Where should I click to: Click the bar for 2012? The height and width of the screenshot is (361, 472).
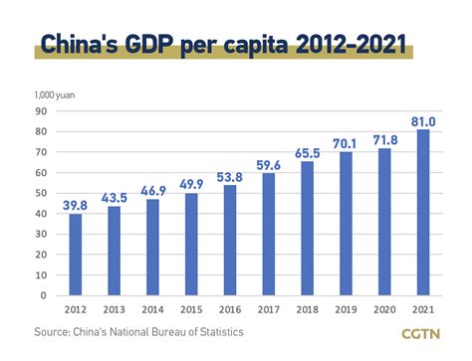coord(76,255)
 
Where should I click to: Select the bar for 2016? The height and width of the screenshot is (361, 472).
coord(230,240)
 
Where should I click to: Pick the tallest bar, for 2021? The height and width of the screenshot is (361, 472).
coord(423,212)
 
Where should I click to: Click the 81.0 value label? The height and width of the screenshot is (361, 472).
coord(423,120)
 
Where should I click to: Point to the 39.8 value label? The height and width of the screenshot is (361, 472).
coord(76,205)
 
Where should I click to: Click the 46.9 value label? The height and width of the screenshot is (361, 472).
coord(152,190)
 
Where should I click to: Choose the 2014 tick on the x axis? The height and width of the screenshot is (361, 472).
coord(152,308)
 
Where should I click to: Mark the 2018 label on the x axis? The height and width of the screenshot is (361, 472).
coord(307,308)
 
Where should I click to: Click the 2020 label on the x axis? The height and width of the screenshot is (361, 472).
coord(384,308)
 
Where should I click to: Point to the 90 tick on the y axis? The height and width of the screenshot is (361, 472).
coord(43,110)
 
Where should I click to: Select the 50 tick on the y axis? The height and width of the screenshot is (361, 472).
coord(43,193)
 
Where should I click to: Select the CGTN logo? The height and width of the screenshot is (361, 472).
coord(427,335)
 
